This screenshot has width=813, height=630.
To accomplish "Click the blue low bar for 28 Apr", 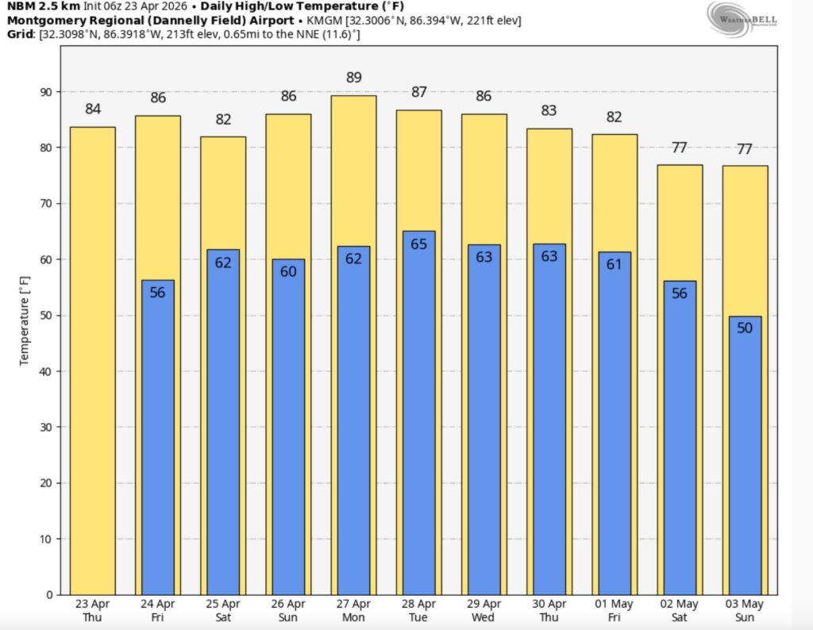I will point(418,413).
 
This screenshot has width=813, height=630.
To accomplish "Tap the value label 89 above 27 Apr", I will point(354,78).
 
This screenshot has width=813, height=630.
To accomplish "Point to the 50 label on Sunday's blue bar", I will point(745,328).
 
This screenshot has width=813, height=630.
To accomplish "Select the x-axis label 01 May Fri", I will point(614,610).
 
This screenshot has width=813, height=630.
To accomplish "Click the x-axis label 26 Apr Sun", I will point(288,610).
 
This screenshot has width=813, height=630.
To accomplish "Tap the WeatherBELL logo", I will point(742,20).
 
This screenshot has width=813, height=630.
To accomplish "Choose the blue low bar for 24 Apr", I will point(157,436).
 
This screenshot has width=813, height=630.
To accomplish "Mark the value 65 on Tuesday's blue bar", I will point(418,244).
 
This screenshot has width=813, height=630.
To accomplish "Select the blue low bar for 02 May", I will point(680,436).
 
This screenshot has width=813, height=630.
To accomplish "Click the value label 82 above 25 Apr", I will point(223,120).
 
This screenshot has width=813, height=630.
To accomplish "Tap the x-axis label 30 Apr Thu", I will point(549,610).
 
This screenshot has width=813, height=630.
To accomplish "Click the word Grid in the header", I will point(20,34).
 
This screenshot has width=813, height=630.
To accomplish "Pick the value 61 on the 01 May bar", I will point(614,265).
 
